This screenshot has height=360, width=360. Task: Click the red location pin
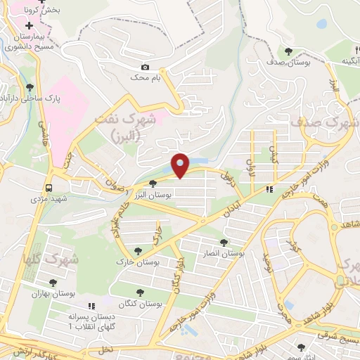point(181,165)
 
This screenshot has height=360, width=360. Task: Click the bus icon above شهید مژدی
point(49,188)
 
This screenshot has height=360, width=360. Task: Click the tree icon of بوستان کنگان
point(139,292)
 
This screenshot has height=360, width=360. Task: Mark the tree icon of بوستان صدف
point(289,51)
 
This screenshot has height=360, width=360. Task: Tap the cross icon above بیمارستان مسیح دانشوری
point(28,25)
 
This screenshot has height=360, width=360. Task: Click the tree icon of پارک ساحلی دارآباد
point(30,88)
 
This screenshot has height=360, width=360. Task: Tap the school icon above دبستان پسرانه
point(91,306)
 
